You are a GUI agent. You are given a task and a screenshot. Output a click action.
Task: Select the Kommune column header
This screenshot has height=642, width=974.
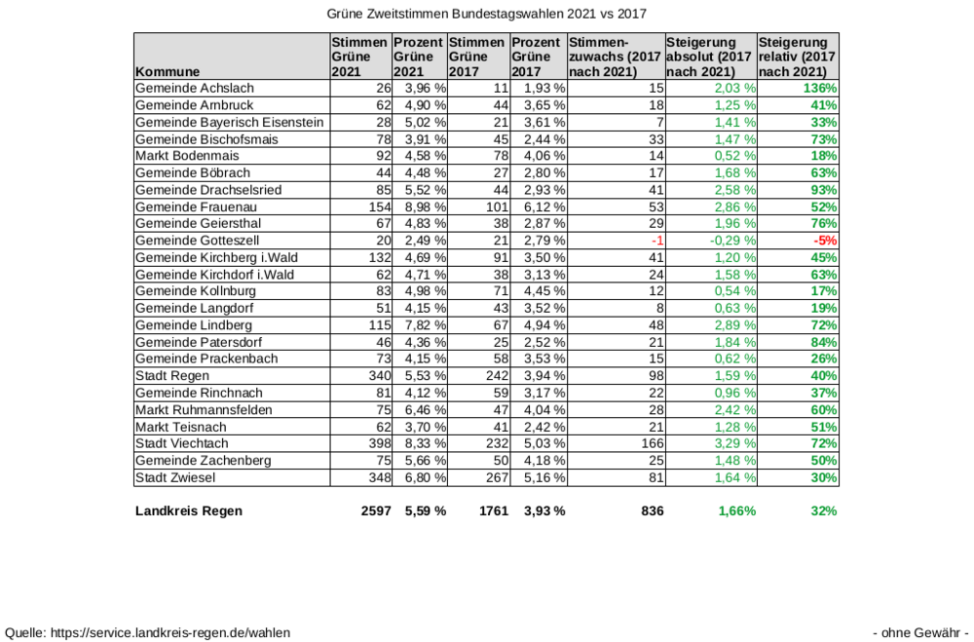pyautogui.click(x=168, y=71)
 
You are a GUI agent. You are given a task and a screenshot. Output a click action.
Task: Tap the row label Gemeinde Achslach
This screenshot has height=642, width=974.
pyautogui.click(x=194, y=89)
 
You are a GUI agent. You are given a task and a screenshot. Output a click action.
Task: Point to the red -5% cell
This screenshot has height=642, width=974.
pyautogui.click(x=825, y=241)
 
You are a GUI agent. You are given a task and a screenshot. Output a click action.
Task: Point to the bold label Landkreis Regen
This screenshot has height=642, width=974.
pyautogui.click(x=189, y=510)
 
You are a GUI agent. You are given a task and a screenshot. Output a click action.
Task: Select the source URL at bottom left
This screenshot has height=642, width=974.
pyautogui.click(x=148, y=632)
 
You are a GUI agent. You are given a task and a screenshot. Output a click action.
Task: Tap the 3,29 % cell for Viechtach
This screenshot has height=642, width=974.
pyautogui.click(x=735, y=443)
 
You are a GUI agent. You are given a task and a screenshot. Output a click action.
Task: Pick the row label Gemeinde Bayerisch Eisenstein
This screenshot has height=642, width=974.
pyautogui.click(x=229, y=122)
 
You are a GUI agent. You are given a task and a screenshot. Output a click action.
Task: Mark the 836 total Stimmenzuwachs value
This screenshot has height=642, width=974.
pyautogui.click(x=651, y=510)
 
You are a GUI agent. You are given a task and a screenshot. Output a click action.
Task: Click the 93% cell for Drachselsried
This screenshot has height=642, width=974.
pyautogui.click(x=825, y=190)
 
